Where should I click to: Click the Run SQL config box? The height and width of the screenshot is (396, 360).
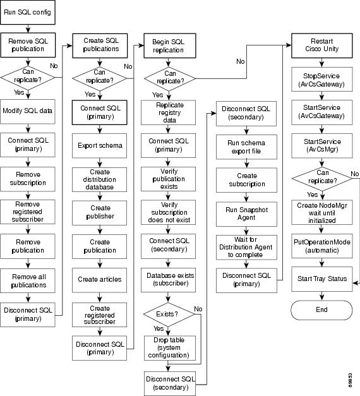[x=28, y=12]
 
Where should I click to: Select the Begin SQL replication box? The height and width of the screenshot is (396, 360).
[x=170, y=45]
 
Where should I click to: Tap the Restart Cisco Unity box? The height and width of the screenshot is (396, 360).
[x=322, y=45]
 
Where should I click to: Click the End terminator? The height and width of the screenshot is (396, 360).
[x=321, y=310]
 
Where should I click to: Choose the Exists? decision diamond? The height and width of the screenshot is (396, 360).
[x=169, y=315]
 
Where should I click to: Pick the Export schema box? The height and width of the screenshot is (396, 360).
[x=100, y=146]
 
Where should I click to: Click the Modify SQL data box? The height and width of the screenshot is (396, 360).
[x=28, y=111]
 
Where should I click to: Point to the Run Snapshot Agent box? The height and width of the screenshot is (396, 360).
[x=246, y=214]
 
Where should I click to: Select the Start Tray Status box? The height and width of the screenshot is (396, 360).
[x=322, y=279]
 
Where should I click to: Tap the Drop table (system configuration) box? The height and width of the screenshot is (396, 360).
[x=170, y=348]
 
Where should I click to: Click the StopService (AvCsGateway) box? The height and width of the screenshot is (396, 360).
[x=322, y=80]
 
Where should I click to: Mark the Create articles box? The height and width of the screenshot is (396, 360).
[x=100, y=280]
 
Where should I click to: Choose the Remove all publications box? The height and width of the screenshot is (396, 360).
[x=28, y=280]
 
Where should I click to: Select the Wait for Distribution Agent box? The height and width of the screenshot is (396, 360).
[x=246, y=247]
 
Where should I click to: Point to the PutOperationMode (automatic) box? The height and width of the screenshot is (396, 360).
[x=322, y=246]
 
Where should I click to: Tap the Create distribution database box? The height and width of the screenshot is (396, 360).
[x=100, y=179]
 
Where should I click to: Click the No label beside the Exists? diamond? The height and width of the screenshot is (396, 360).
[x=198, y=309]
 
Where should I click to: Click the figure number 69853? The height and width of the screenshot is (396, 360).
[x=350, y=380]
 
